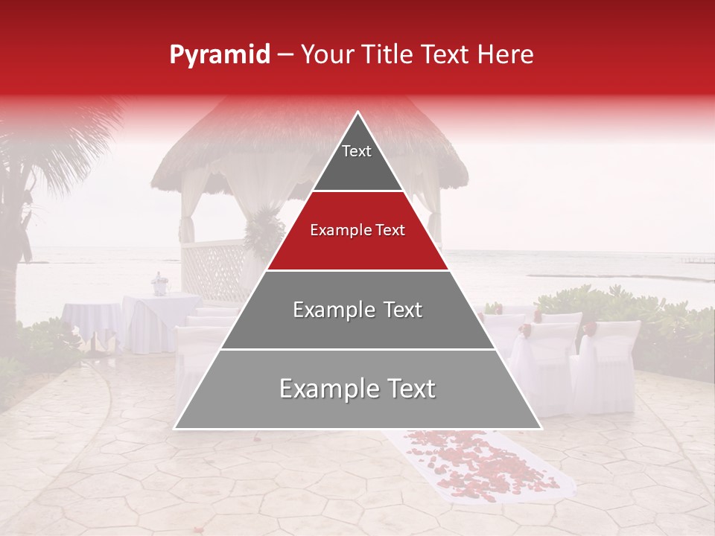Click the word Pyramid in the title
click(x=219, y=55)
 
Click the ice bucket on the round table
click(x=159, y=284)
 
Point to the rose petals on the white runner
click(x=477, y=462)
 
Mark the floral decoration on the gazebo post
click(x=264, y=231)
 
